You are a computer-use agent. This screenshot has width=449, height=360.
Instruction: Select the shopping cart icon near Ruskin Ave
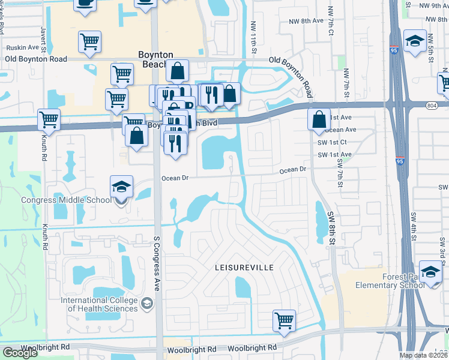89,42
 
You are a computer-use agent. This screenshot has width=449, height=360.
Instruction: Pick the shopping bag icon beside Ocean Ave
318,119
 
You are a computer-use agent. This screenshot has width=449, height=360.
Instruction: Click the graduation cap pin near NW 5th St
415,40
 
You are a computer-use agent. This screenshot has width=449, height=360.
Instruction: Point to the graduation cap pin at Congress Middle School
121,187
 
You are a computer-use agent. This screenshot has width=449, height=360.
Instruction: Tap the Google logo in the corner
20,353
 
